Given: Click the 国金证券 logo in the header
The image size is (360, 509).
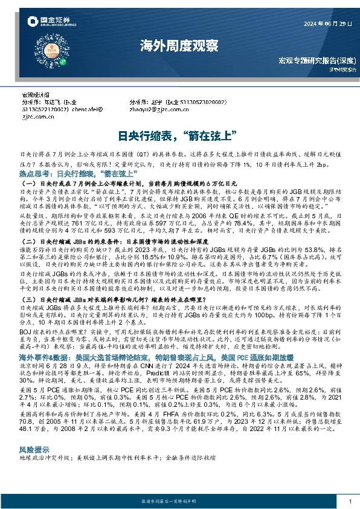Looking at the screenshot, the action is point(45,23).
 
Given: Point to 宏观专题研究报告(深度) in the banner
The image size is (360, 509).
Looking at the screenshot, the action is point(316,61).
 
